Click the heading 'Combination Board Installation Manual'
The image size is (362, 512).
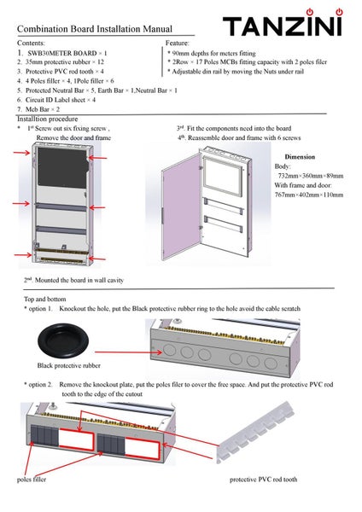[x=95, y=29]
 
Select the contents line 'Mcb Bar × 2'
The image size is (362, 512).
[x=43, y=109]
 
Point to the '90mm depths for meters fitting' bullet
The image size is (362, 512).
[x=213, y=53]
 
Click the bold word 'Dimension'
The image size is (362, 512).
[x=300, y=157]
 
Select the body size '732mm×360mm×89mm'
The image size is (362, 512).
[x=311, y=176]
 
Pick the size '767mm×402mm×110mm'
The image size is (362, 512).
[x=309, y=195]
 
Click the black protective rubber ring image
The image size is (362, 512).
[x=62, y=340]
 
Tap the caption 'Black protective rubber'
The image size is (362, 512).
[x=68, y=365]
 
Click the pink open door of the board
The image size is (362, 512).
[x=182, y=207]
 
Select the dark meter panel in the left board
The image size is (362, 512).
[x=62, y=167]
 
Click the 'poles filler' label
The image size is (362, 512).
[x=32, y=480]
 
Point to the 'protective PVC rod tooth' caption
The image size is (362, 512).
[x=263, y=480]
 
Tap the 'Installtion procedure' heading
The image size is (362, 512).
[x=47, y=119]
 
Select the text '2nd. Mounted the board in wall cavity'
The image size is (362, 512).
[x=73, y=280]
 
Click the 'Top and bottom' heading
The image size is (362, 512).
[x=44, y=300]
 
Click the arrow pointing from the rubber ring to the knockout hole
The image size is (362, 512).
[x=128, y=352]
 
